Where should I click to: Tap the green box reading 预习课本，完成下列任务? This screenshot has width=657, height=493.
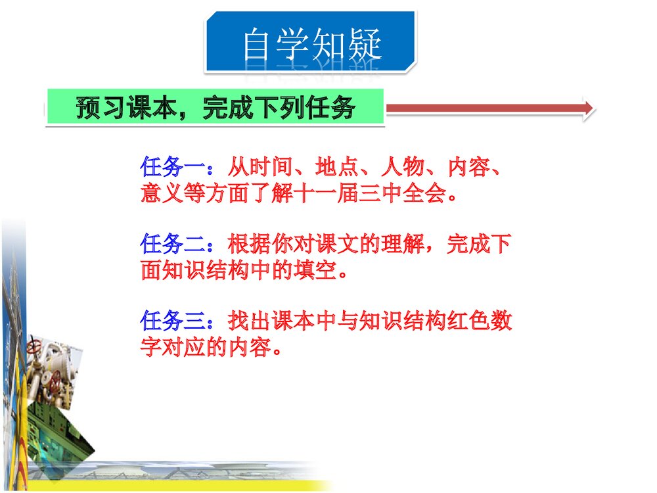(215, 108)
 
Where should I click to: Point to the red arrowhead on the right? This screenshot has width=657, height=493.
(587, 108)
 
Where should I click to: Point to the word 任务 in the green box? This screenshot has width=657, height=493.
(332, 108)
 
